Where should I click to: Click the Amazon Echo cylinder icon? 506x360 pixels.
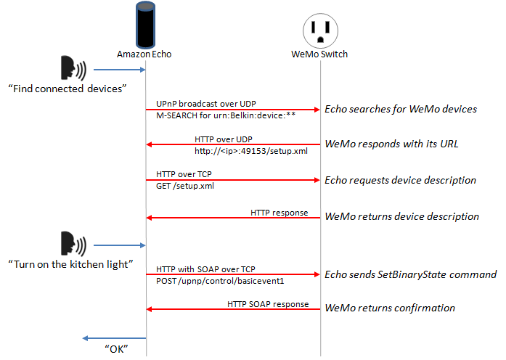point(145,26)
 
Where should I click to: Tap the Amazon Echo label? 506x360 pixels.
point(144,54)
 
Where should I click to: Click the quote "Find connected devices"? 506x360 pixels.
point(68,89)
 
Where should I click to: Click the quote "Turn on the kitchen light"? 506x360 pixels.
point(70,263)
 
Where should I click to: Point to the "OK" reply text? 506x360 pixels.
point(113,349)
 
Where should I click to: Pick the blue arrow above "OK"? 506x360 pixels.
point(114,338)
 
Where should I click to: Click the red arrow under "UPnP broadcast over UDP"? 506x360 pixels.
point(232,110)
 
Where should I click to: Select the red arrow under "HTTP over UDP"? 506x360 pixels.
point(232,144)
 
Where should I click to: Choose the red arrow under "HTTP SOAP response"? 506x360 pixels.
point(232,309)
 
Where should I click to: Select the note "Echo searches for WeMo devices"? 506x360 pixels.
point(400,110)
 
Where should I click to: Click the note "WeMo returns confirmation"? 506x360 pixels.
point(389,308)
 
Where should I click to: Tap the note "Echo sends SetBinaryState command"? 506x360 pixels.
point(410,274)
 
